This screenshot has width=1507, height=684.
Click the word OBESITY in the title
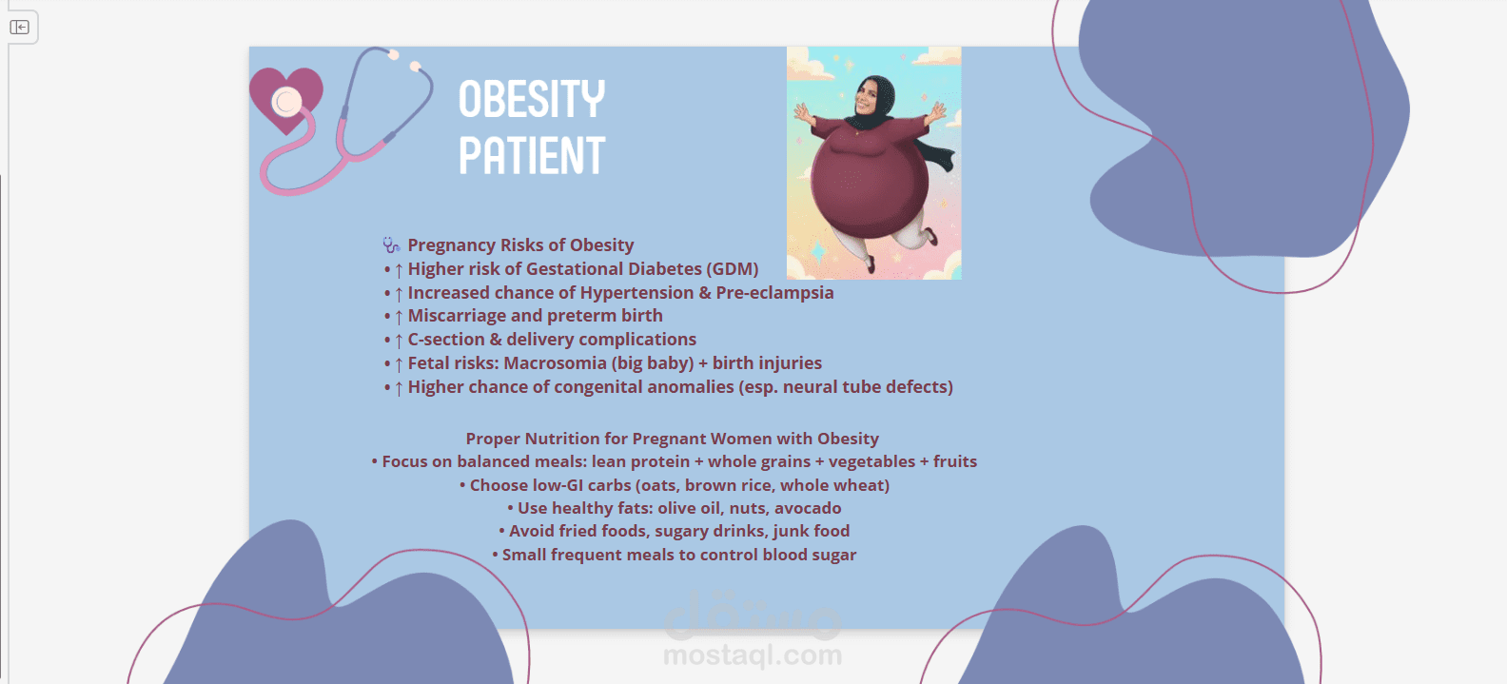[x=532, y=99]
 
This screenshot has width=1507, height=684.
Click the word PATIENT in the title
[x=532, y=155]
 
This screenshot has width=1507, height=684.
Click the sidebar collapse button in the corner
[x=20, y=27]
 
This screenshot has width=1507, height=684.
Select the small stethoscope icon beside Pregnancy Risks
[x=391, y=244]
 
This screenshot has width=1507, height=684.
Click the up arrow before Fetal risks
[x=399, y=364]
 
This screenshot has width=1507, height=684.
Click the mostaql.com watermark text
[x=753, y=655]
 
